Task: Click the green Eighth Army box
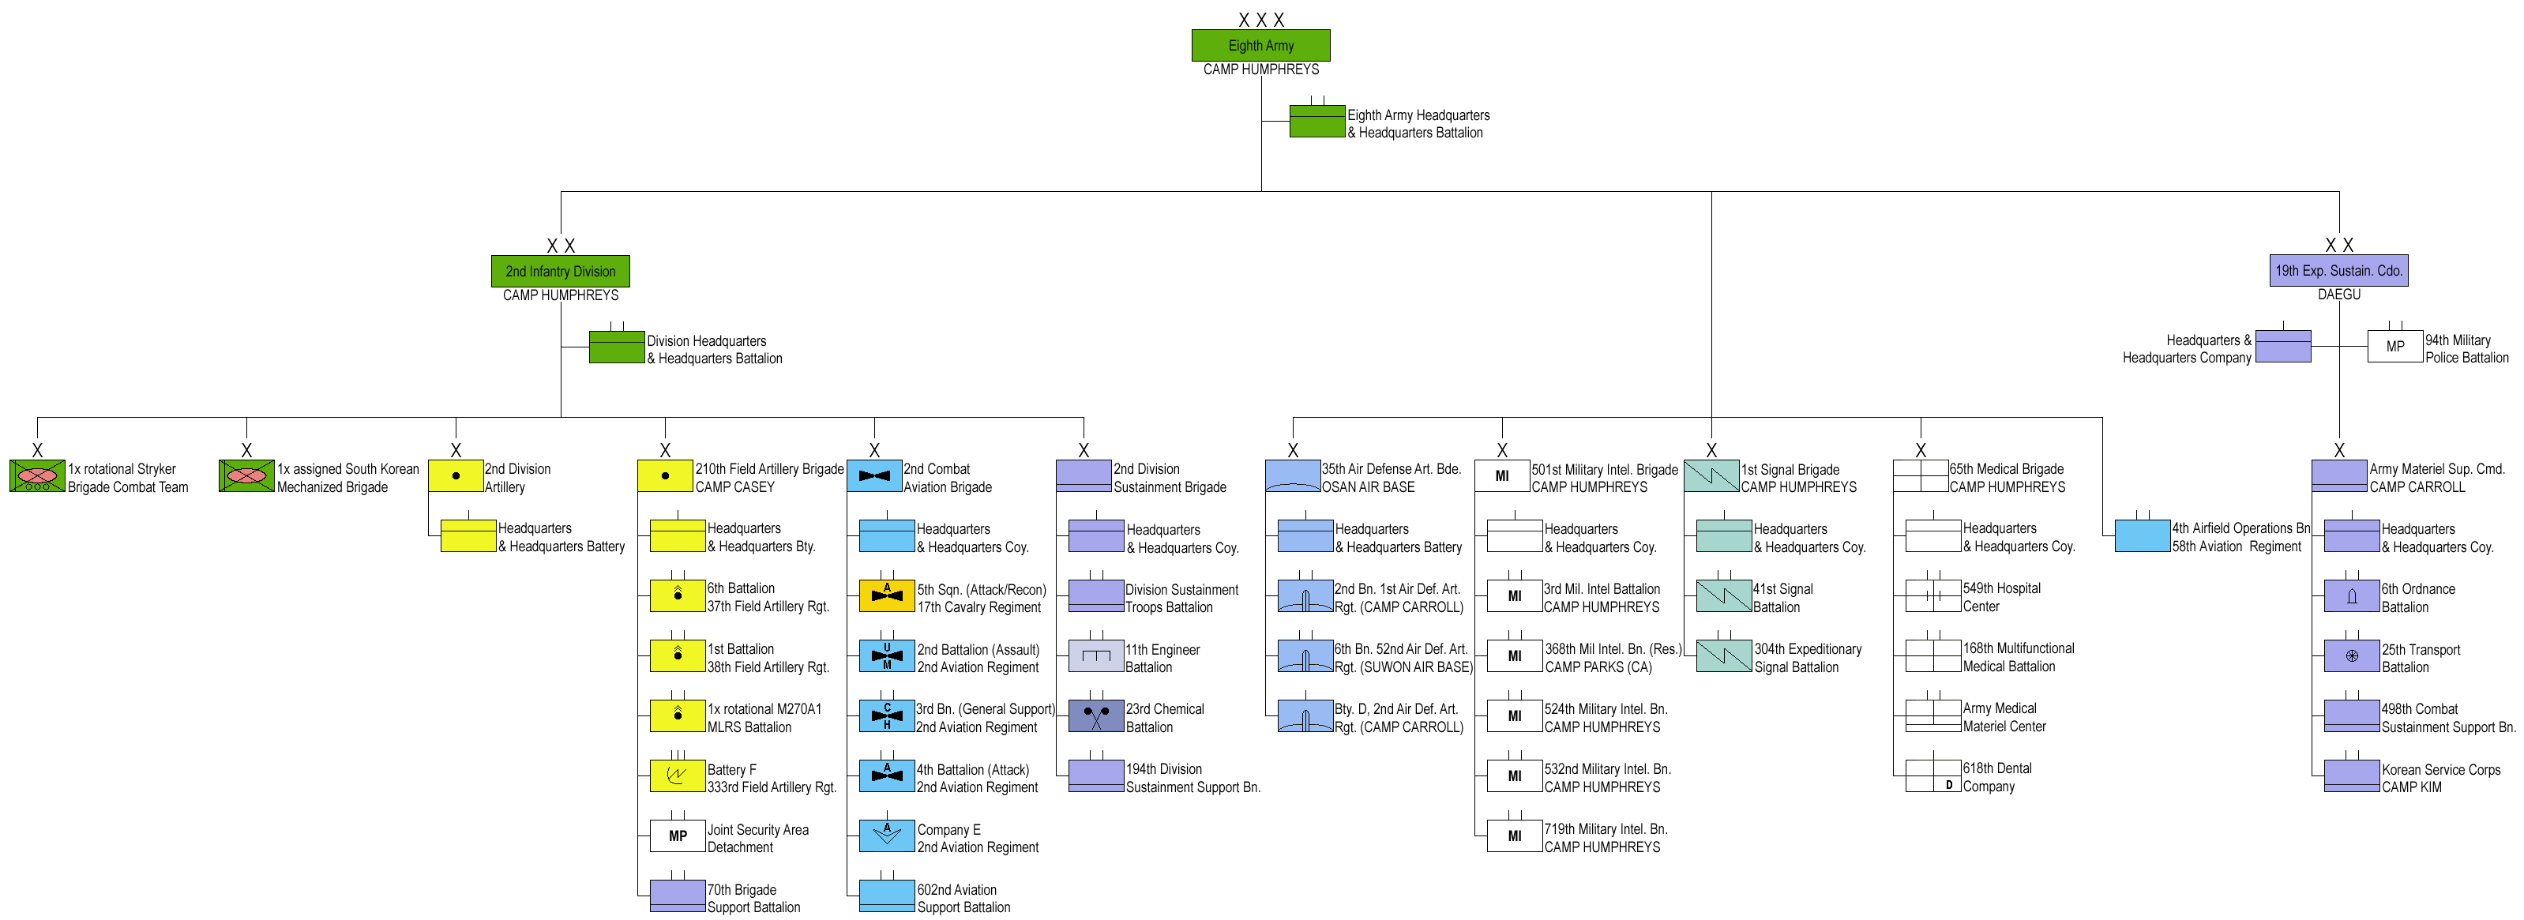coord(1260,45)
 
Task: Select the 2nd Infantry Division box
coord(561,272)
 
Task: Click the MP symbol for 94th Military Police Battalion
coord(2394,347)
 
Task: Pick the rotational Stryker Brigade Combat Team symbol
coord(37,476)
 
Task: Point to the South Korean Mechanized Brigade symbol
coord(246,476)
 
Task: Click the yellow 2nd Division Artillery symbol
coord(456,476)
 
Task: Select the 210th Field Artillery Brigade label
coord(769,469)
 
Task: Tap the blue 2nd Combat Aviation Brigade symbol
coord(874,476)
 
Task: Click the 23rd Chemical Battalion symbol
coord(1095,716)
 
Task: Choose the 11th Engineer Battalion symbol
coord(1095,656)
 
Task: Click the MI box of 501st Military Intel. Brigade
coord(1502,476)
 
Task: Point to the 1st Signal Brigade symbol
coord(1711,476)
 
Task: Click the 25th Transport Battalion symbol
coord(2352,656)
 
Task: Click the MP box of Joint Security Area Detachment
coord(677,836)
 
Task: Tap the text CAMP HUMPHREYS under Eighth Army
coord(1261,69)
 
